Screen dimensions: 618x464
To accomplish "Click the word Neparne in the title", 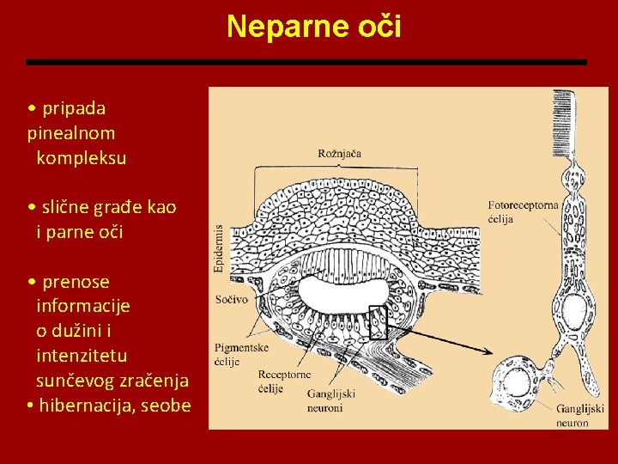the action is [282, 27].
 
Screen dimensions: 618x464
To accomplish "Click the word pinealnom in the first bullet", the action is [71, 133].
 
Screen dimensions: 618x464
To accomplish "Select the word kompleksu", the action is [82, 158].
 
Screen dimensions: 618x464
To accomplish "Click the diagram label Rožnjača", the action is [339, 154].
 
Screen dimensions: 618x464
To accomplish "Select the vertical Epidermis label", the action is [219, 248].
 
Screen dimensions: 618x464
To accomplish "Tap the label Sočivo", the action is [231, 300].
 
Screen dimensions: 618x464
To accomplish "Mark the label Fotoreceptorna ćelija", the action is [524, 212].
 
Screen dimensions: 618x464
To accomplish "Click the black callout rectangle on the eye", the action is [378, 322].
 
